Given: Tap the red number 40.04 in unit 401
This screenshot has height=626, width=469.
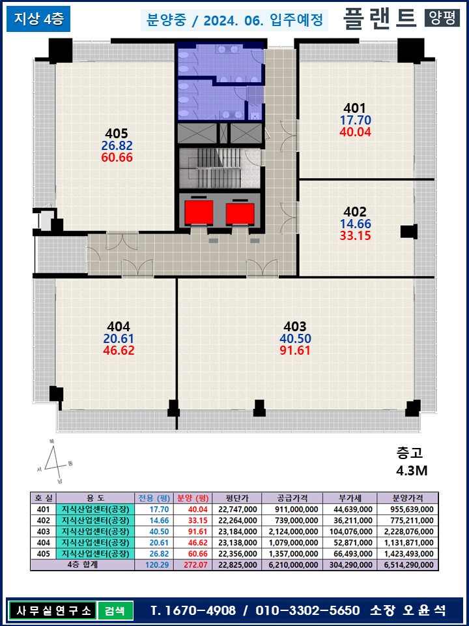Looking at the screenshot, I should point(355,132).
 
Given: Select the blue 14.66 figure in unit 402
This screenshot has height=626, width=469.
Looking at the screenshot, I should point(355,224).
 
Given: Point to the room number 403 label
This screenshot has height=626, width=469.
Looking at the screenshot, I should point(295,326).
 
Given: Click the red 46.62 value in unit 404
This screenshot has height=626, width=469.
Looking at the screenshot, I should point(119,350).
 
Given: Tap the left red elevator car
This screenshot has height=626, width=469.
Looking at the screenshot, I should point(199,212).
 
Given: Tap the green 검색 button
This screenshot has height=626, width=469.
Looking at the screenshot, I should point(115,611).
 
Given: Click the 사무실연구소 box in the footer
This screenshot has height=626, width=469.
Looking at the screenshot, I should point(52,611).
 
